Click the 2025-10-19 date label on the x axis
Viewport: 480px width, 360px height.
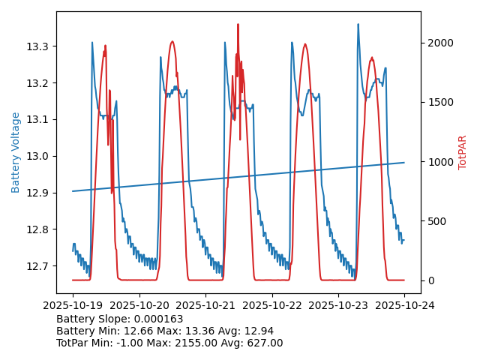73,305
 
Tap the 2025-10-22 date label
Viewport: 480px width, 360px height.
271,305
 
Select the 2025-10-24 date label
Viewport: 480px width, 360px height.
404,305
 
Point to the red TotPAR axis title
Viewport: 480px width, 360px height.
462,152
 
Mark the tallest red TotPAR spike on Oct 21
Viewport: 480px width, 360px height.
238,25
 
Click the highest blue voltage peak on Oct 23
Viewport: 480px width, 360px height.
358,25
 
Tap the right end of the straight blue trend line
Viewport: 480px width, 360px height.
404,163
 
